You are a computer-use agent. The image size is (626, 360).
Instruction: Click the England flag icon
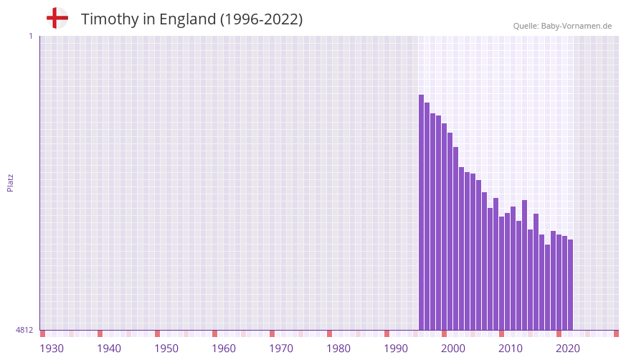[x=57, y=18]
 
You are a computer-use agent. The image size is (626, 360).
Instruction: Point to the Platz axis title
[x=10, y=182]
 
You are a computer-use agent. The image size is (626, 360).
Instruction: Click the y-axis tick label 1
[x=30, y=36]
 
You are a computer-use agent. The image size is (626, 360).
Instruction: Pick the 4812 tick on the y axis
[x=24, y=331]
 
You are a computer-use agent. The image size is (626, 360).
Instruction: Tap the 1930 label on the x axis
[x=52, y=349]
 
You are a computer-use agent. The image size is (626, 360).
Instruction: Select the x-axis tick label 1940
[x=109, y=349]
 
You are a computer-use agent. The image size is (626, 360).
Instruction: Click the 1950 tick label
[x=166, y=349]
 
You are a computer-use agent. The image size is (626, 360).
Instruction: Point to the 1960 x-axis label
[x=224, y=349]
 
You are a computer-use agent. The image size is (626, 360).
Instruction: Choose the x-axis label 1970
[x=281, y=349]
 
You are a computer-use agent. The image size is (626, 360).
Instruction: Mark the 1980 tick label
[x=338, y=349]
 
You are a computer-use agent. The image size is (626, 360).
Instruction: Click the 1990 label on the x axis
[x=396, y=349]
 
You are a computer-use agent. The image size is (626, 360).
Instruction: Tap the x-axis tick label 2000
[x=453, y=349]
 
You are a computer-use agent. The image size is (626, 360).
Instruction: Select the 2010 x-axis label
[x=511, y=349]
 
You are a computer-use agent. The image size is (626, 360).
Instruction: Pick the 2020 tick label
[x=568, y=349]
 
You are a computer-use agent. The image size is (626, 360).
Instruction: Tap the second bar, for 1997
[x=427, y=216]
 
